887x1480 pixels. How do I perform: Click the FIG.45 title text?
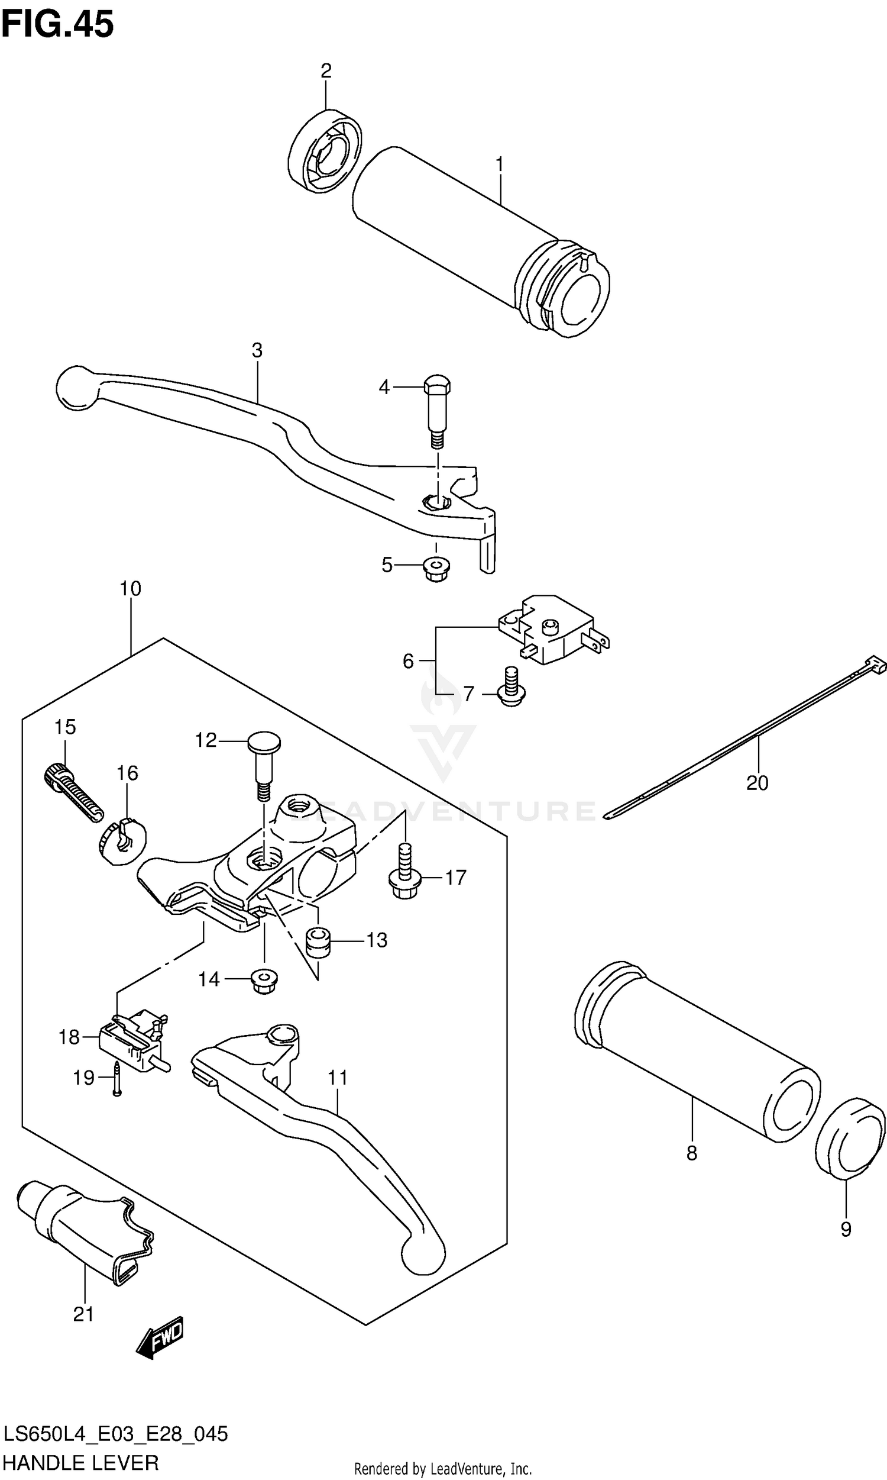(x=57, y=25)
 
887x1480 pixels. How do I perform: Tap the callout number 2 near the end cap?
(x=326, y=70)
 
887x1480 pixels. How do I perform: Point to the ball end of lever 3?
(x=76, y=389)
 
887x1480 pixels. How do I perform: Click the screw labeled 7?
(x=510, y=688)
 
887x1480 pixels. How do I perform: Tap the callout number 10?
(x=130, y=588)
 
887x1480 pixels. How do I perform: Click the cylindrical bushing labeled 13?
(x=318, y=942)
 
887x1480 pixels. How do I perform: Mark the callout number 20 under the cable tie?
(x=757, y=782)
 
